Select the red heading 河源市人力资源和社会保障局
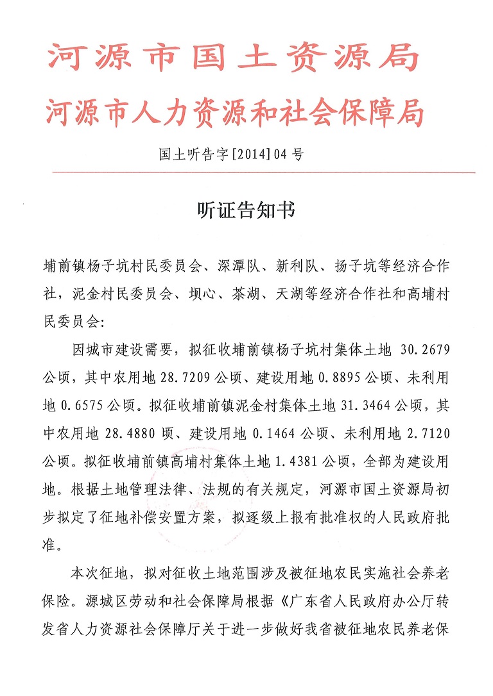(x=235, y=114)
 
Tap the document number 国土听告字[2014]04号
(x=229, y=154)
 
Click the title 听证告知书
(x=245, y=211)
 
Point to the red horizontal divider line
(x=263, y=172)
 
